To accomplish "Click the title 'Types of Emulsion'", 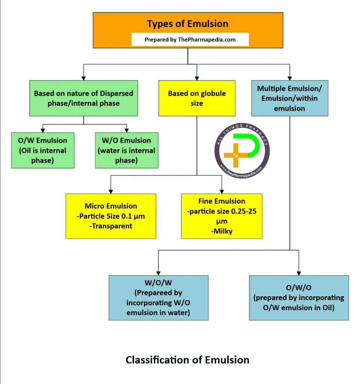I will click(x=187, y=24).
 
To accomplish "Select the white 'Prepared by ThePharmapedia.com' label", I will click(x=190, y=39).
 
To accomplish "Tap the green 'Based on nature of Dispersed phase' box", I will click(x=84, y=98).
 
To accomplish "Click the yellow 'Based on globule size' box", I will click(x=197, y=98).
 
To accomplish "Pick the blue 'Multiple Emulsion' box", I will click(x=290, y=98).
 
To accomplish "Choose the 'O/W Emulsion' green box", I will click(x=43, y=150).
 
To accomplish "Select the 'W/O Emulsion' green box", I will click(x=127, y=150).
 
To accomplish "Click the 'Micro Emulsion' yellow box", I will click(x=111, y=216).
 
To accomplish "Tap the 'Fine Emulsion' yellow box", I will click(x=222, y=216).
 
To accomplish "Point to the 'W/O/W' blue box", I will click(x=158, y=298).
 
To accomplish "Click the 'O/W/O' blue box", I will click(x=299, y=298).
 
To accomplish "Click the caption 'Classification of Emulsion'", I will click(x=187, y=360).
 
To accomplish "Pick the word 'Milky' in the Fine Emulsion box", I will click(x=221, y=231).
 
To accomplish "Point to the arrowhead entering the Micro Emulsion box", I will click(x=111, y=191).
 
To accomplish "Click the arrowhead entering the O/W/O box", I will click(x=299, y=273).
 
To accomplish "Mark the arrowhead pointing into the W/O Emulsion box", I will click(x=127, y=130).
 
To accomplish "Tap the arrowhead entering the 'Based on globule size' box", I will click(x=197, y=78).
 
